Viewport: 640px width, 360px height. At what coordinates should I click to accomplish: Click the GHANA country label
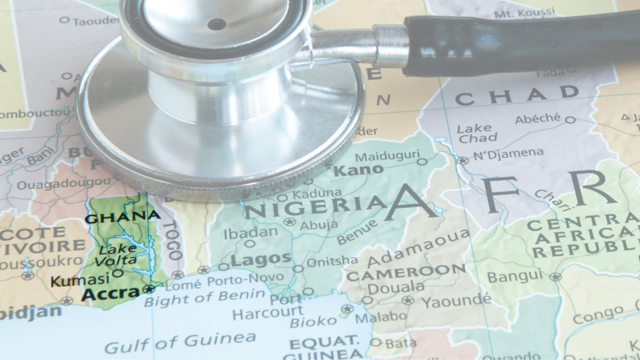(123, 217)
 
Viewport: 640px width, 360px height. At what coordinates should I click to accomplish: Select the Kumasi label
(80, 280)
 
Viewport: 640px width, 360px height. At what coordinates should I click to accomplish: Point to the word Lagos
(261, 259)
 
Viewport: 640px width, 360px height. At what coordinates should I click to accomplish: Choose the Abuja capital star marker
(290, 222)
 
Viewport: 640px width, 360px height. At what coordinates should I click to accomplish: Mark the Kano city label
(358, 170)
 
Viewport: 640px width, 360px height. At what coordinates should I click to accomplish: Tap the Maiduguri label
(387, 156)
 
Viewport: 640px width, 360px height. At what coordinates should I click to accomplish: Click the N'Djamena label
(508, 154)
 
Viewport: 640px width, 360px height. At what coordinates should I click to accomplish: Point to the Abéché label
(538, 119)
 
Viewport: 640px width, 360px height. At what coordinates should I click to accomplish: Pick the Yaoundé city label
(456, 302)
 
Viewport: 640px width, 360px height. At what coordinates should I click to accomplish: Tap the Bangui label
(515, 277)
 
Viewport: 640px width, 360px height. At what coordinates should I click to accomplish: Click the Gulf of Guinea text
(180, 342)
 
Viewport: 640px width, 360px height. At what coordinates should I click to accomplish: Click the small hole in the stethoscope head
(216, 24)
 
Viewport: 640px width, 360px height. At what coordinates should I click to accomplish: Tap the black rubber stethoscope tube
(520, 42)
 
